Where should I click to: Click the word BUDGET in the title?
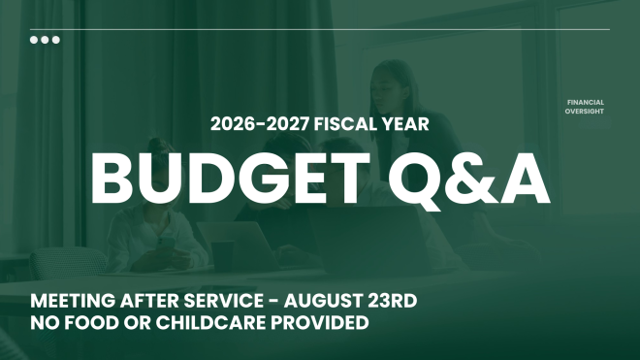[231, 179]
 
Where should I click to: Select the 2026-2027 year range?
[259, 124]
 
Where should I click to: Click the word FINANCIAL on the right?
[586, 102]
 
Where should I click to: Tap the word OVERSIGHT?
[584, 112]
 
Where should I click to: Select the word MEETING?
[73, 301]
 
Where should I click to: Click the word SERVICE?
[223, 301]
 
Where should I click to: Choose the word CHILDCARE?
[211, 323]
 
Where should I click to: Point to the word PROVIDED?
[320, 323]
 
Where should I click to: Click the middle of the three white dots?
[45, 40]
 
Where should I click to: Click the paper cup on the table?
[222, 256]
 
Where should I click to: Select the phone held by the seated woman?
[167, 244]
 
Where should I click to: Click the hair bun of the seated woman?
[158, 145]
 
